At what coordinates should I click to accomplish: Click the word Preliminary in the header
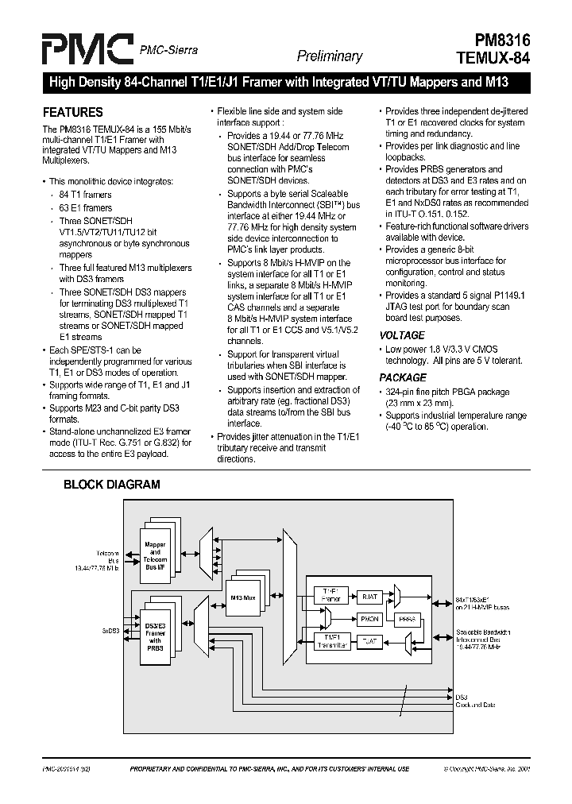(x=330, y=56)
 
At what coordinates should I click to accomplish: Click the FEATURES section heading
(x=72, y=112)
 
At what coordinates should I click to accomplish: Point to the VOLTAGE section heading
(x=401, y=335)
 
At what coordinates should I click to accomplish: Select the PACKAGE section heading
(x=403, y=377)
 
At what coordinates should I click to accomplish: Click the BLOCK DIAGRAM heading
(x=111, y=484)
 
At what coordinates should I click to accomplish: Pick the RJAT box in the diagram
(x=369, y=596)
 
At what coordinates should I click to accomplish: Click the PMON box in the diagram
(x=369, y=617)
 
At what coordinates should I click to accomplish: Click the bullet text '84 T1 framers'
(x=86, y=195)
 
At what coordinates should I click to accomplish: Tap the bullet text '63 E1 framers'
(x=86, y=207)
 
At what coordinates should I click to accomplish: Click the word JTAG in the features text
(x=398, y=306)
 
